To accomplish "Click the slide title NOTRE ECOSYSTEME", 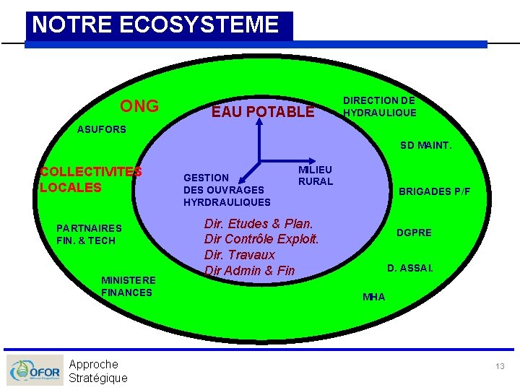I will coord(155,25).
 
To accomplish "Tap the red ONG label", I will coord(139,106).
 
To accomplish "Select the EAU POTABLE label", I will coord(262,112).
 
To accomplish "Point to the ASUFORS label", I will coord(102,130).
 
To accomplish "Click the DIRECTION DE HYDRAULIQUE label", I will coord(379,107).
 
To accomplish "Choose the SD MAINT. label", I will coord(426,145).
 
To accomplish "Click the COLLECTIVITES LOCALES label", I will coord(91,180).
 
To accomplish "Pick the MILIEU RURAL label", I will coord(316,175).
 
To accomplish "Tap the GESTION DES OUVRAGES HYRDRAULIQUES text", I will coord(227,190).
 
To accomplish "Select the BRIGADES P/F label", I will coord(434,191).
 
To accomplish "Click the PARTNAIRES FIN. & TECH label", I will coord(90,235).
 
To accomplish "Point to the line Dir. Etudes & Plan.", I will coord(259,224).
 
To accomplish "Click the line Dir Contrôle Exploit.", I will coord(261,239).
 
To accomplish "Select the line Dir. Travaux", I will coord(240,255).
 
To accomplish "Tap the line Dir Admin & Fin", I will coord(250,271).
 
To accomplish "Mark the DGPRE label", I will coord(414,233).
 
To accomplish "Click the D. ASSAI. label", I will coord(410,268).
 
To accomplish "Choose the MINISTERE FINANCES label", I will coord(128,286).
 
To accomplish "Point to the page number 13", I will coord(500,367).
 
